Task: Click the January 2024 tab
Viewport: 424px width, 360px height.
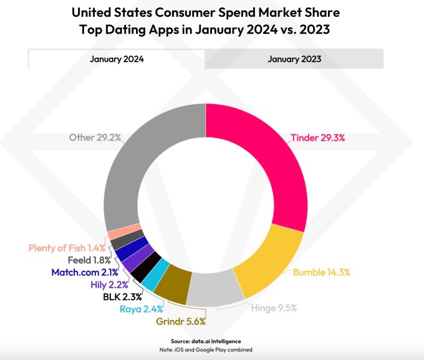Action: (x=117, y=59)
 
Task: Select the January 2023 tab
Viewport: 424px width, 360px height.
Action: (x=294, y=59)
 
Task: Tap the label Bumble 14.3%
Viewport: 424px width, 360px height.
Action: (x=322, y=273)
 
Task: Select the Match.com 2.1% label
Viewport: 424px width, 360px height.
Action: (x=84, y=272)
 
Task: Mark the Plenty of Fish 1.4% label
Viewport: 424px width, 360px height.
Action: (x=68, y=247)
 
